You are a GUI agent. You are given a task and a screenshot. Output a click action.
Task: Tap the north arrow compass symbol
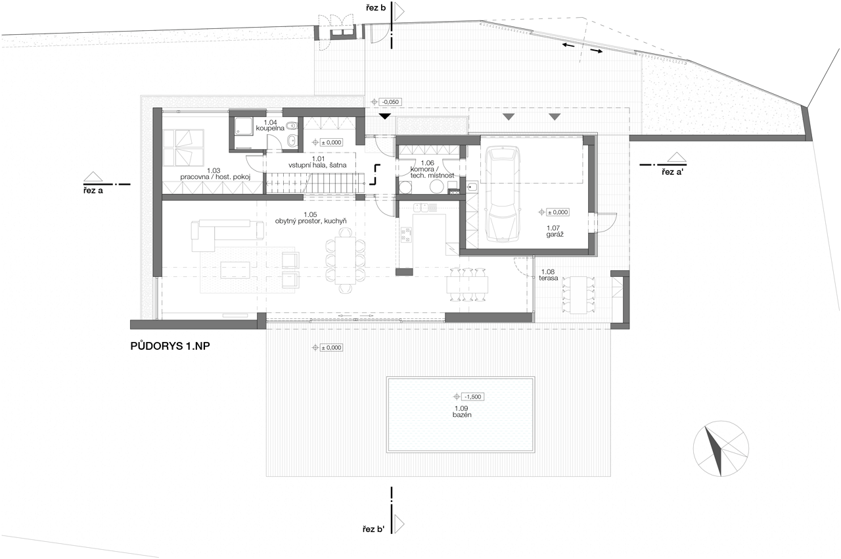[x=721, y=449]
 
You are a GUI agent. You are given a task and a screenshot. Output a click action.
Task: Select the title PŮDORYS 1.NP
[x=170, y=346]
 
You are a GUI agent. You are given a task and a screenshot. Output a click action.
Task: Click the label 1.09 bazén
[x=461, y=412]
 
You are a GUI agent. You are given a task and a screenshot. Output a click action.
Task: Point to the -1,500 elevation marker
[x=469, y=397]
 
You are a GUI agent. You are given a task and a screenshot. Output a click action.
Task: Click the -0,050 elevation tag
[x=386, y=102]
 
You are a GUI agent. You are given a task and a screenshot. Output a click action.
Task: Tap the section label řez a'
[x=671, y=172]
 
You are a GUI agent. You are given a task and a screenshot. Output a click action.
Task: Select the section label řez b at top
[x=376, y=8]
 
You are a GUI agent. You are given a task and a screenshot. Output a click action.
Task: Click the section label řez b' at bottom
[x=374, y=529]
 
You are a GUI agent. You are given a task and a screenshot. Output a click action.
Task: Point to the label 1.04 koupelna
[x=270, y=126]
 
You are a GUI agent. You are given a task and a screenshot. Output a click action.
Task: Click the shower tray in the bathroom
[x=243, y=126]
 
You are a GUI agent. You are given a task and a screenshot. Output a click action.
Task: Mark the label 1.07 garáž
[x=553, y=231]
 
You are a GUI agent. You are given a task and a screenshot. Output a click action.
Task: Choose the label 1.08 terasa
[x=548, y=275]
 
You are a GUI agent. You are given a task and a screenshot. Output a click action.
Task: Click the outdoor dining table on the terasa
[x=579, y=295]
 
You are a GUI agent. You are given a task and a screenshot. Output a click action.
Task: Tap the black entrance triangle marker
[x=385, y=116]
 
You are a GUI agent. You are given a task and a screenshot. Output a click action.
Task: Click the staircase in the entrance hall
[x=315, y=183]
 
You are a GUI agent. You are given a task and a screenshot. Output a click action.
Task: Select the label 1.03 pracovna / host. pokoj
[x=215, y=174]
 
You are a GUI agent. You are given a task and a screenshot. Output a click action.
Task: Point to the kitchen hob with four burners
[x=406, y=235]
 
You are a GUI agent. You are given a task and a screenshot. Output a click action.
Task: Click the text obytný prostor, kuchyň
[x=311, y=221]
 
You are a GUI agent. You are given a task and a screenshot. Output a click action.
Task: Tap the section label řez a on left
[x=93, y=191]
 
